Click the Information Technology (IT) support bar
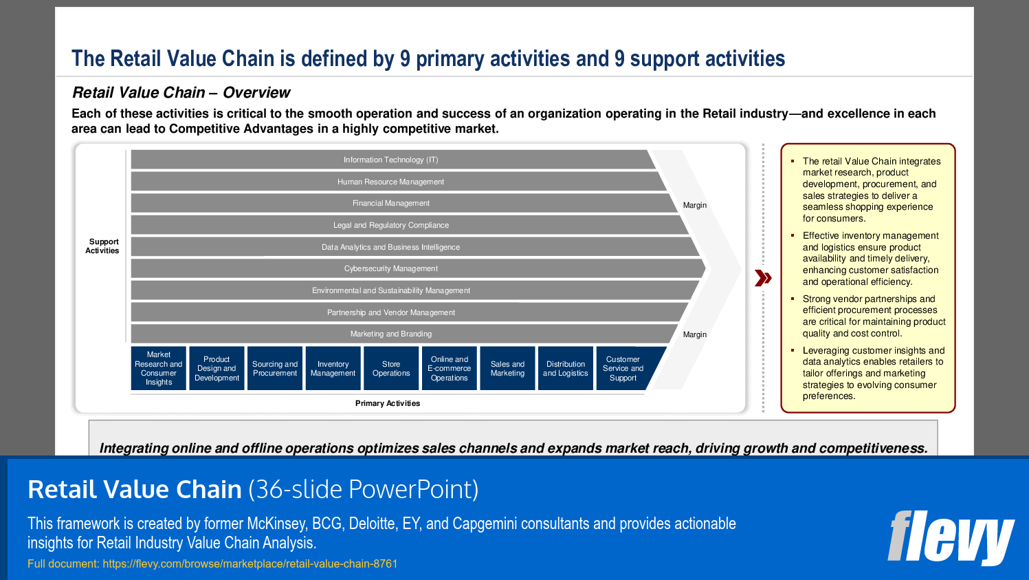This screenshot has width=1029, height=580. pyautogui.click(x=390, y=160)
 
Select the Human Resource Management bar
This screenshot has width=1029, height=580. pyautogui.click(x=390, y=182)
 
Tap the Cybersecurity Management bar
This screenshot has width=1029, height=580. pyautogui.click(x=390, y=268)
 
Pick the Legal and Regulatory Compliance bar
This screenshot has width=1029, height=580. pyautogui.click(x=390, y=225)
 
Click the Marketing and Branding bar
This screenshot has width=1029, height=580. pyautogui.click(x=390, y=334)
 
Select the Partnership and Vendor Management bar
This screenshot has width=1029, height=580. pyautogui.click(x=390, y=312)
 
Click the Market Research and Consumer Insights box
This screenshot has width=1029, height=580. pyautogui.click(x=159, y=369)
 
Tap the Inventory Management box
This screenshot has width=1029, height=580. pyautogui.click(x=333, y=369)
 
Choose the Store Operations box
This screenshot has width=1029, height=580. pyautogui.click(x=391, y=369)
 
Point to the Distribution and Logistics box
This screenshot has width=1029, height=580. pyautogui.click(x=566, y=369)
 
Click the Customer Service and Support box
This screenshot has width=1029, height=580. pyautogui.click(x=623, y=369)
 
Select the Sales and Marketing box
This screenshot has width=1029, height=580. pyautogui.click(x=507, y=369)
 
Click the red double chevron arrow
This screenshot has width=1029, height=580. pyautogui.click(x=763, y=278)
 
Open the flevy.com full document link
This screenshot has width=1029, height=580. pyautogui.click(x=250, y=564)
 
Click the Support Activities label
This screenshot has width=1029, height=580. pyautogui.click(x=102, y=246)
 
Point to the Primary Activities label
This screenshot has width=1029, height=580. pyautogui.click(x=388, y=403)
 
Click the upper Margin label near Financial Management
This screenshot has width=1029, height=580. pyautogui.click(x=694, y=205)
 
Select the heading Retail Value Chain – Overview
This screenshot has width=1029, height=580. pyautogui.click(x=181, y=93)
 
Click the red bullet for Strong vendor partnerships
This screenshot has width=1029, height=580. pyautogui.click(x=793, y=299)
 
